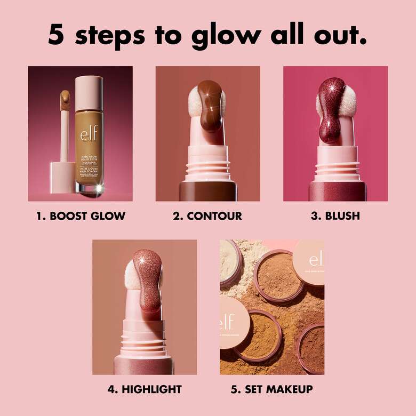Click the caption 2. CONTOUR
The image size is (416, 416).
point(207,216)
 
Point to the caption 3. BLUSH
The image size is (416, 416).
point(335,216)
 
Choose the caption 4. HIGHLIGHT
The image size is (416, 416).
point(145,389)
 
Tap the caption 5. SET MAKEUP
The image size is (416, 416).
point(272,389)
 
